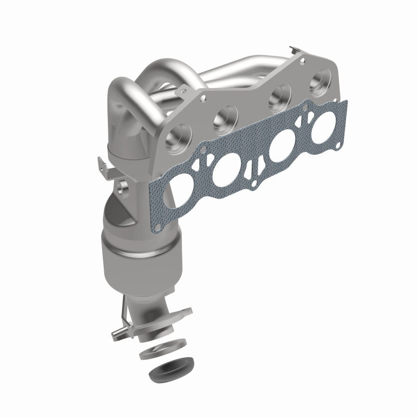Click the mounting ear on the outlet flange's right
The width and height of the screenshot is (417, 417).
tap(180, 314)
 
